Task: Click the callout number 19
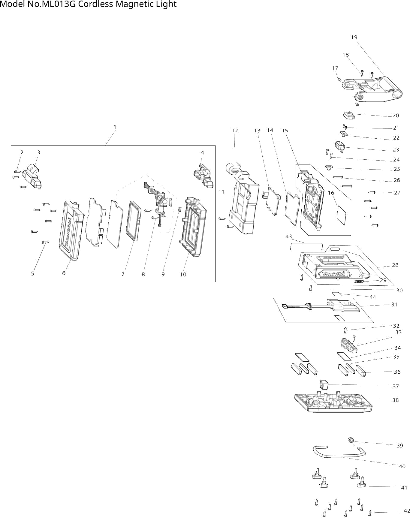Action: pyautogui.click(x=354, y=37)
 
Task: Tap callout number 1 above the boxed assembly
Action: pyautogui.click(x=115, y=127)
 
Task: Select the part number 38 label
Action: pyautogui.click(x=396, y=400)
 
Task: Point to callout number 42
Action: pyautogui.click(x=407, y=511)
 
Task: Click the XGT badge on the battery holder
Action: pyautogui.click(x=359, y=281)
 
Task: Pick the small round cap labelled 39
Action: pyautogui.click(x=350, y=440)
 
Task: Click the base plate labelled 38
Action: pyautogui.click(x=333, y=402)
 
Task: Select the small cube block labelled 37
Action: pyautogui.click(x=324, y=384)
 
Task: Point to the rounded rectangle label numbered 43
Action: pyautogui.click(x=306, y=246)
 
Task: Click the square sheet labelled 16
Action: pyautogui.click(x=341, y=215)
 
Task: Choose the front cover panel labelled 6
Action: pyautogui.click(x=71, y=230)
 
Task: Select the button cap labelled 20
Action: pyautogui.click(x=348, y=115)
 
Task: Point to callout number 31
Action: pyautogui.click(x=394, y=304)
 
